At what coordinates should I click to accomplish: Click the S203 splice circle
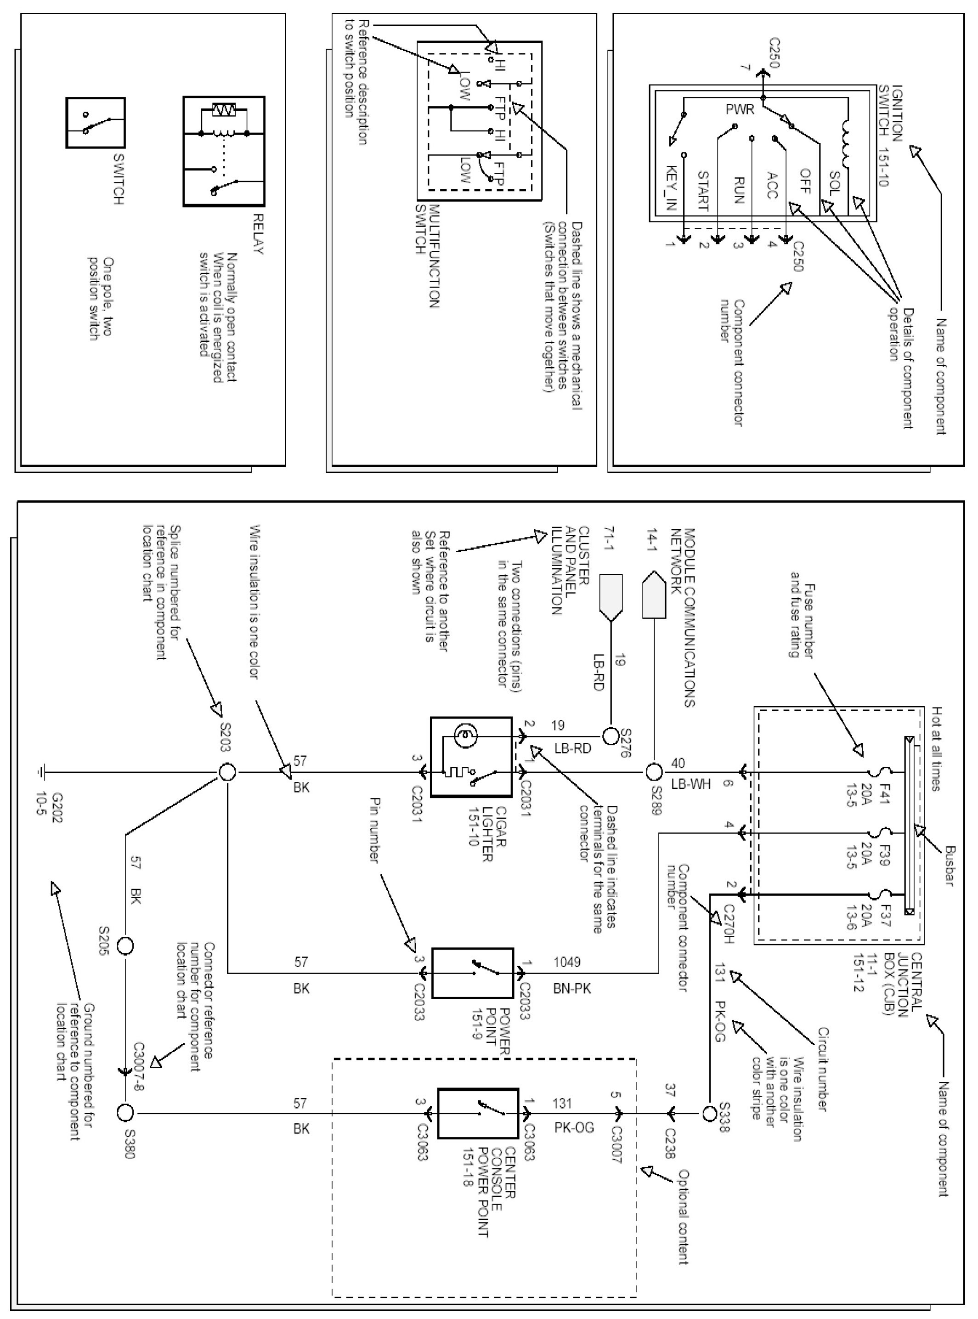227,772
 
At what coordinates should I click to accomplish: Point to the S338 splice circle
709,1114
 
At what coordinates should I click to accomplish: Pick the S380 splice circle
125,1114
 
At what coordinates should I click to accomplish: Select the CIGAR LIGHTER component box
471,757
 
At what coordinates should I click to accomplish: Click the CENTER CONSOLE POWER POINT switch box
478,1114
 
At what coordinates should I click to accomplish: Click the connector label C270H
729,923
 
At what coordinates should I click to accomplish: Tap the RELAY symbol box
224,152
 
